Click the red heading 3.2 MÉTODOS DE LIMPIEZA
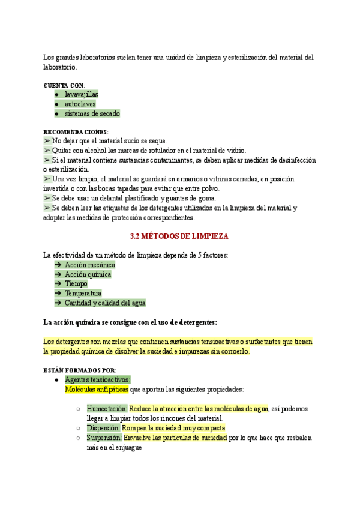click(x=179, y=236)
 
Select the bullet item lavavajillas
click(x=82, y=94)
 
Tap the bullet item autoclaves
click(x=80, y=104)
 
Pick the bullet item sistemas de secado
click(x=92, y=113)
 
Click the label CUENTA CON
click(x=64, y=85)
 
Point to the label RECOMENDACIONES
click(x=76, y=132)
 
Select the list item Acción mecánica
click(x=90, y=265)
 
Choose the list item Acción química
click(x=88, y=274)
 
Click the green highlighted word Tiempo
click(x=76, y=283)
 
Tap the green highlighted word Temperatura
click(x=83, y=293)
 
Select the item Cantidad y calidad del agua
click(x=105, y=303)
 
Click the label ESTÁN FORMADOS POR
click(x=80, y=370)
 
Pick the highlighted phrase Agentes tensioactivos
click(x=97, y=379)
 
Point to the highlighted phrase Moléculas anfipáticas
click(x=96, y=389)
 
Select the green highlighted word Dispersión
click(x=103, y=428)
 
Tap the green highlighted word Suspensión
click(x=104, y=438)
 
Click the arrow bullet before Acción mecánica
click(x=58, y=265)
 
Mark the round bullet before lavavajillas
click(x=56, y=95)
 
